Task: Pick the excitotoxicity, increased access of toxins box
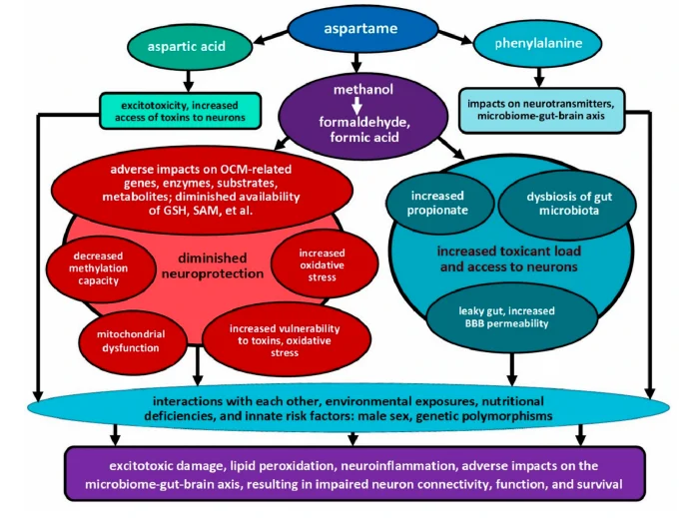pyautogui.click(x=180, y=110)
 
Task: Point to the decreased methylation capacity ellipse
pyautogui.click(x=96, y=265)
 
